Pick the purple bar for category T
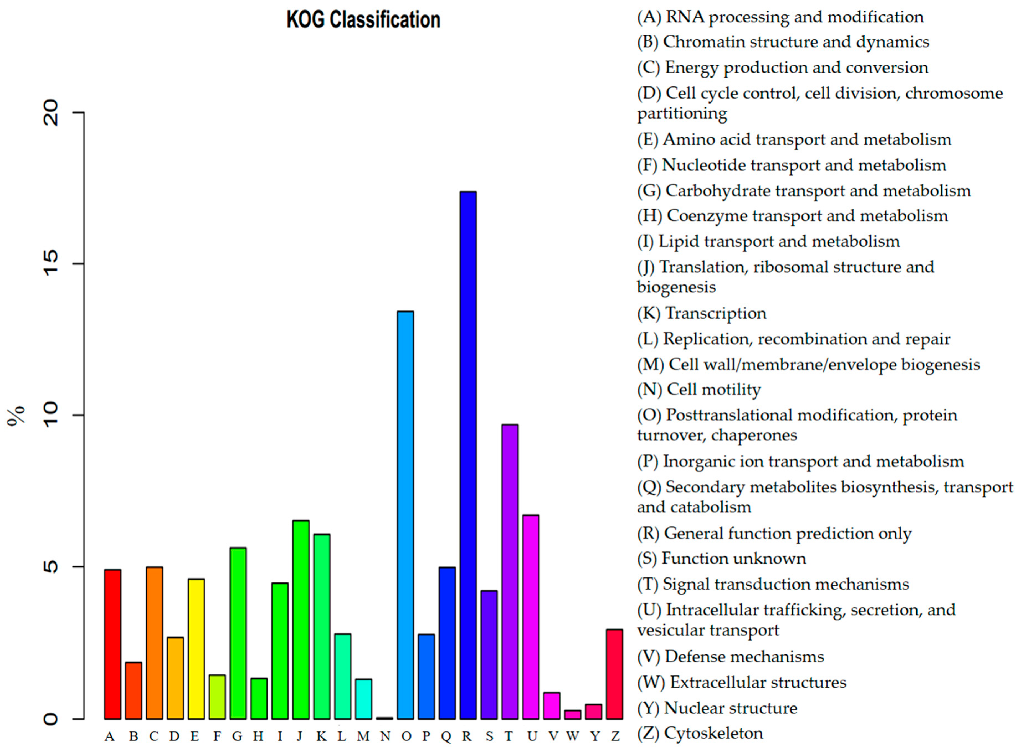(510, 572)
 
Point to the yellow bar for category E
(196, 649)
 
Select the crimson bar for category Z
(614, 674)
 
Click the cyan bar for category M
(364, 699)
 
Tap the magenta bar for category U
(531, 617)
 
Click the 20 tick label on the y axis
(51, 113)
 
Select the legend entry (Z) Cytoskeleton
(700, 733)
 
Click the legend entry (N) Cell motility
(699, 389)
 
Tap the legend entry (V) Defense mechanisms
(730, 656)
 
